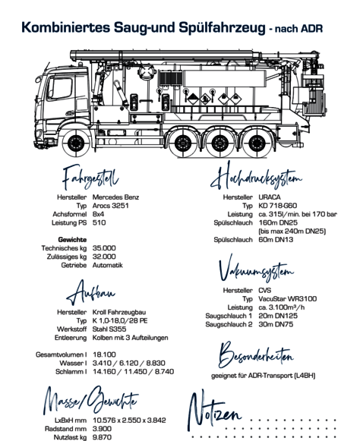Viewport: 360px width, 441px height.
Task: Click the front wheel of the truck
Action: coord(75,143)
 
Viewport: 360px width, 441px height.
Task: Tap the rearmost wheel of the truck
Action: coord(257,143)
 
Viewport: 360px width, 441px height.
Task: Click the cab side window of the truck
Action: coord(60,88)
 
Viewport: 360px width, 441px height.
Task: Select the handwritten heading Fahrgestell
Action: coord(90,177)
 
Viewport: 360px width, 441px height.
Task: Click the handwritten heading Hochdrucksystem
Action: coord(256,177)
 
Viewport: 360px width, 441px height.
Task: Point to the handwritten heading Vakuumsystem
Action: coord(256,269)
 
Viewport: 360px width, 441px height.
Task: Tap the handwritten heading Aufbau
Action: coord(90,292)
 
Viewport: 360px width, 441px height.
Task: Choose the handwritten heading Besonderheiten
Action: coord(256,355)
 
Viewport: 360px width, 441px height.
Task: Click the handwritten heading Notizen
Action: coord(214,410)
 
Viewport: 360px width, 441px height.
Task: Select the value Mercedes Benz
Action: coord(115,197)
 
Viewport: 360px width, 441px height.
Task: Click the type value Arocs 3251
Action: coord(111,206)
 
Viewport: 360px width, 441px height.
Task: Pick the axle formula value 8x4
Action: coord(98,214)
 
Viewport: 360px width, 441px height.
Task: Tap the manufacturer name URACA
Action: coord(270,197)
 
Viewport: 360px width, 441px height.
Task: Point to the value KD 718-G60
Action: coord(277,206)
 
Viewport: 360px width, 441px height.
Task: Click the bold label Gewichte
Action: coord(72,240)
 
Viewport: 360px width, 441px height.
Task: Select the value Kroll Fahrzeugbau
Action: coord(119,312)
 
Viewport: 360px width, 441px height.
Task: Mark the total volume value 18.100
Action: coord(104,354)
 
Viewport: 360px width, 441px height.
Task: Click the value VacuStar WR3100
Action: coord(288,299)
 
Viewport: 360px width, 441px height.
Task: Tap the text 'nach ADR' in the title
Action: coord(298,29)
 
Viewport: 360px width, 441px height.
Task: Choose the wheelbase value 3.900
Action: coord(103,429)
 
